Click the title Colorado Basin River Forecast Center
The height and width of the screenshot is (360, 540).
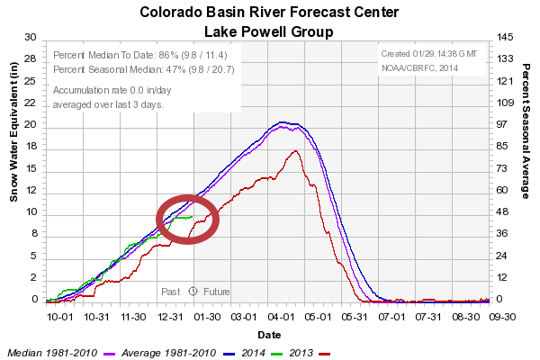pos(269,13)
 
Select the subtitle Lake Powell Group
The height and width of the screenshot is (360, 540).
pos(269,31)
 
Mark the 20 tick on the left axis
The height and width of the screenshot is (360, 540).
pos(29,124)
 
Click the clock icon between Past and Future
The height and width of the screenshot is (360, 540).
pos(193,292)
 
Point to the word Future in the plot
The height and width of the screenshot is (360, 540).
pos(216,292)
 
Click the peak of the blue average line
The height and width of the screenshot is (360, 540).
pos(283,121)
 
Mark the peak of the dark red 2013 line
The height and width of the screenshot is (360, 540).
pos(295,150)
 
